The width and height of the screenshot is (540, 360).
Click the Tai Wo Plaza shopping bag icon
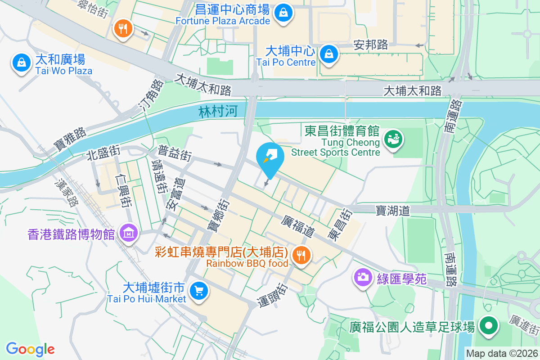pos(21,63)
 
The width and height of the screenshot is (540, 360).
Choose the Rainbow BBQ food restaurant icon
pos(300,256)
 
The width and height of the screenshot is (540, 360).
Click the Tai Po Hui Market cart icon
pos(198,290)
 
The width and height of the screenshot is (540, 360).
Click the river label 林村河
pos(218,111)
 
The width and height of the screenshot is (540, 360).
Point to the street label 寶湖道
pos(393,210)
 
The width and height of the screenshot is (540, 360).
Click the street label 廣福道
pos(297,226)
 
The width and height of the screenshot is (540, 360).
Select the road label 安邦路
pos(371,45)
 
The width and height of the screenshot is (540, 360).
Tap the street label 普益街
pos(175,153)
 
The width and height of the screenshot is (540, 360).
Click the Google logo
pos(30,349)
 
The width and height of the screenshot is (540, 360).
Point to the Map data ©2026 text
pos(501,353)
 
